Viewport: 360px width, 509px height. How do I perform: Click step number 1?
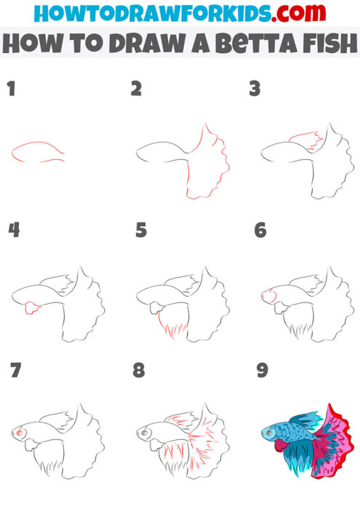[11, 89]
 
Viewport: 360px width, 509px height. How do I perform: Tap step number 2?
[136, 89]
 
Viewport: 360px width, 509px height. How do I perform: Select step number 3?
[255, 89]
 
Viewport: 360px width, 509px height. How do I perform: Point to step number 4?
[13, 231]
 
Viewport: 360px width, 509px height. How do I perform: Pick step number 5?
[141, 231]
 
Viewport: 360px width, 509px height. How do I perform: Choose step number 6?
[260, 231]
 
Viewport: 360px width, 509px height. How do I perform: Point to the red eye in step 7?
[20, 434]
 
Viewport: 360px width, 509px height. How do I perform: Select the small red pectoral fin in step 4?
[32, 308]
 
